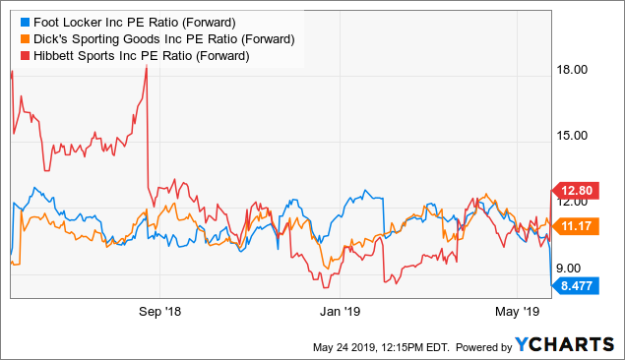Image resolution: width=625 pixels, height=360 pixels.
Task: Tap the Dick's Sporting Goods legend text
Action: pos(162,38)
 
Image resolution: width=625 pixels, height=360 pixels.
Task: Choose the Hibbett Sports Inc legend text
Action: pos(142,56)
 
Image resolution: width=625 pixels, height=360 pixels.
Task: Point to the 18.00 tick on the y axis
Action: pos(574,70)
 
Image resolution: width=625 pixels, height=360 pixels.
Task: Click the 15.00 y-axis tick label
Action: pos(574,136)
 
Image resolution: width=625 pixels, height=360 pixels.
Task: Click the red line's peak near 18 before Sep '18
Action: pos(146,66)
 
